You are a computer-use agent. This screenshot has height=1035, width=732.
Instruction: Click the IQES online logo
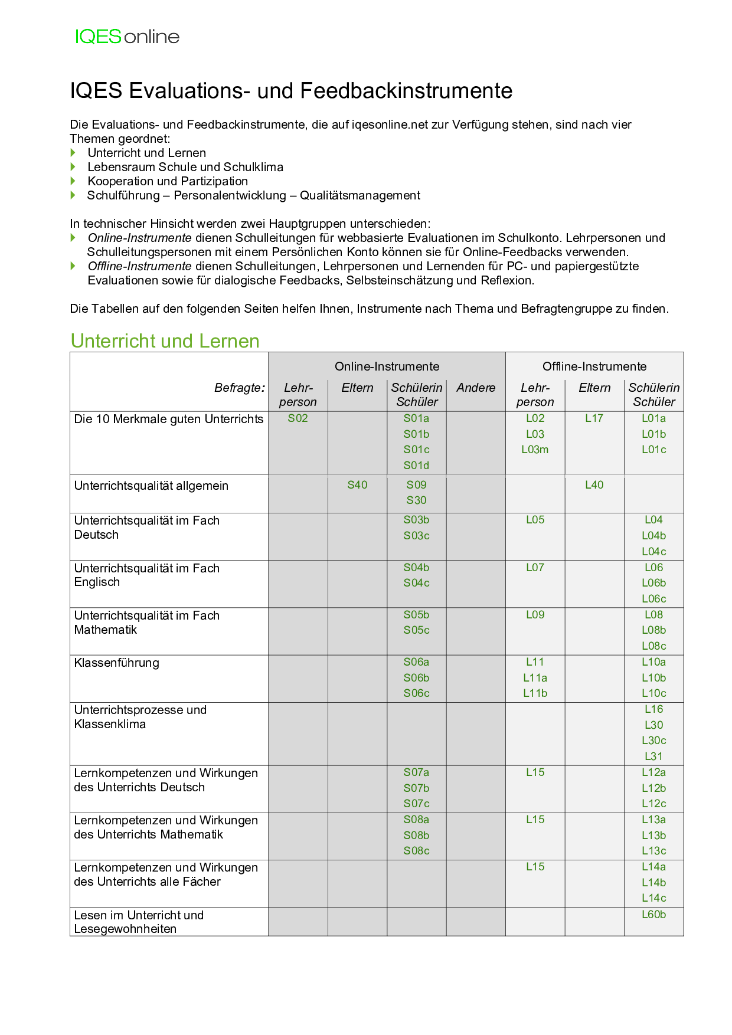[127, 37]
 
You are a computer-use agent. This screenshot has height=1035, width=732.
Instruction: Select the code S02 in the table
[298, 418]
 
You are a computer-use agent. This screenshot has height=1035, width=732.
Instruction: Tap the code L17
[594, 418]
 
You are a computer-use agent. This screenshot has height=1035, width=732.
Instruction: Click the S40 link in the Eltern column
[357, 485]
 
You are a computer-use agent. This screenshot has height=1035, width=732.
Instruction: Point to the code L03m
[535, 450]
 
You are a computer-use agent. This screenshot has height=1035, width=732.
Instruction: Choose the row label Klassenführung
[117, 663]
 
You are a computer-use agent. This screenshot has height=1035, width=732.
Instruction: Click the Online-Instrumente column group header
[387, 366]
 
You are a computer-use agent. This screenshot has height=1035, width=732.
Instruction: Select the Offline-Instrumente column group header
[594, 366]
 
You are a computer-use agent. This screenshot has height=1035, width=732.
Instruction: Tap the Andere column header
[475, 388]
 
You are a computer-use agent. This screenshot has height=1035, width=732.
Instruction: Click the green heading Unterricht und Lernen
[165, 341]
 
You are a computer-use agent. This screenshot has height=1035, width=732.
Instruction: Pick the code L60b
[653, 915]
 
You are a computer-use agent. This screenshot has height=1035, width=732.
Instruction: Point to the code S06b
[416, 678]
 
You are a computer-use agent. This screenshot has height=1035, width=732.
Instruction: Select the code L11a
[535, 678]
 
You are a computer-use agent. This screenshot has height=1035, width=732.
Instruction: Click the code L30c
[653, 741]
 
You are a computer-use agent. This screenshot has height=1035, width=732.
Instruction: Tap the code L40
[594, 485]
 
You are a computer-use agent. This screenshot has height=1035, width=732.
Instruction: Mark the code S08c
[416, 851]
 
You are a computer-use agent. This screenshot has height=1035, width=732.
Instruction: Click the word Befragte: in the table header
[240, 388]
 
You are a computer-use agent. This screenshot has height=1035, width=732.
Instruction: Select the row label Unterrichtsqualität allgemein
[151, 486]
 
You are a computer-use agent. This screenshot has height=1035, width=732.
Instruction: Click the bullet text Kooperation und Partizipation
[168, 181]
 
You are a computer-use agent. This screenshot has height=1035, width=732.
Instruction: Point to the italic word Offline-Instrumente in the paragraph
[139, 266]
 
